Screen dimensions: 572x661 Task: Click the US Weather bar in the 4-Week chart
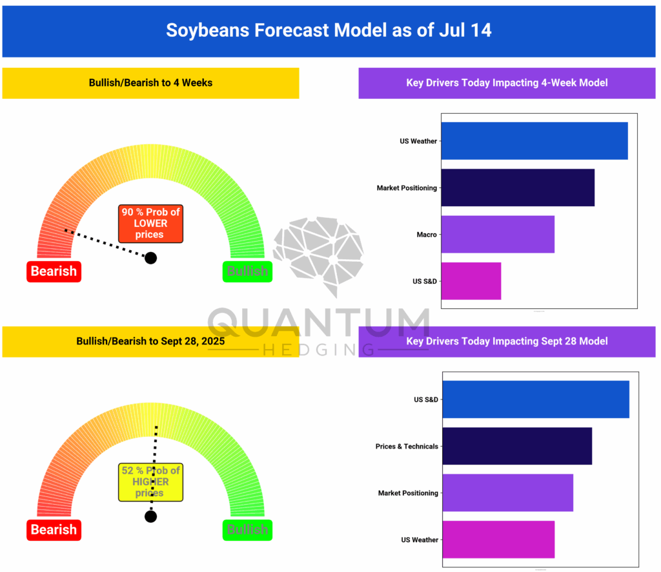pyautogui.click(x=534, y=141)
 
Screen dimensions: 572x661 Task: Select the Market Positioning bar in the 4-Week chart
pyautogui.click(x=518, y=187)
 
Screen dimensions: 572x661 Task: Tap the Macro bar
pyautogui.click(x=498, y=234)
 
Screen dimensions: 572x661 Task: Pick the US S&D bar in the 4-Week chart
pyautogui.click(x=471, y=281)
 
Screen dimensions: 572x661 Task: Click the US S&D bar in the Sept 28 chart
pyautogui.click(x=535, y=399)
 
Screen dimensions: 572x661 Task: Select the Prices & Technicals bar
pyautogui.click(x=516, y=446)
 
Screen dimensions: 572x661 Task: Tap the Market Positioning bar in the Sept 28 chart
pyautogui.click(x=507, y=493)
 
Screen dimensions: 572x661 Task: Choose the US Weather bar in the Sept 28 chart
pyautogui.click(x=498, y=539)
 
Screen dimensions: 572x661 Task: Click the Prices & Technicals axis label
pyautogui.click(x=407, y=447)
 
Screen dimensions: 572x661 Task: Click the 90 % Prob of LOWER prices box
pyautogui.click(x=150, y=224)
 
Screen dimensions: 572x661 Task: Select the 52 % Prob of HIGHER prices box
pyautogui.click(x=150, y=482)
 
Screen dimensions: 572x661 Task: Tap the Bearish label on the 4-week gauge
pyautogui.click(x=54, y=271)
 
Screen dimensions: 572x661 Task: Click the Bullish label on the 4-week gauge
pyautogui.click(x=247, y=271)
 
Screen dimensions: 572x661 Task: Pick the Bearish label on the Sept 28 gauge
pyautogui.click(x=54, y=530)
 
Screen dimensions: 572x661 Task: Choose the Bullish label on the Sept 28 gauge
pyautogui.click(x=247, y=530)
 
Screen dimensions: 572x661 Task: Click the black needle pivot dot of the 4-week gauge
pyautogui.click(x=150, y=258)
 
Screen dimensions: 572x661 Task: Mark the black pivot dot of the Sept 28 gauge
pyautogui.click(x=150, y=516)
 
